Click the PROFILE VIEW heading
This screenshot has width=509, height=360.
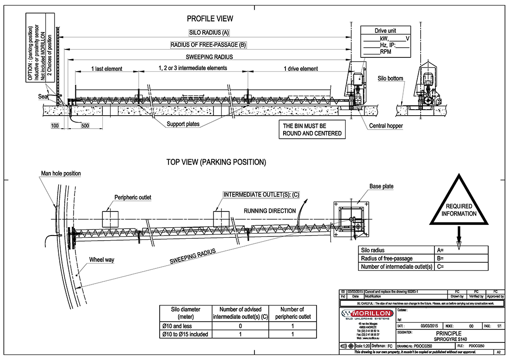click(210, 19)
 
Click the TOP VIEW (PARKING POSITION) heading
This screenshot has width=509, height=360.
click(216, 162)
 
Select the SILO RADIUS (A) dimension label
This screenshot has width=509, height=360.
click(209, 33)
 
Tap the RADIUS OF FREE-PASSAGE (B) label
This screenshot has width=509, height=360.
click(208, 45)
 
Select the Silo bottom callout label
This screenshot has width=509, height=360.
click(390, 79)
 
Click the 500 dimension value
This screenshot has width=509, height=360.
click(85, 126)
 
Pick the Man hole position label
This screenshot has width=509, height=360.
click(60, 174)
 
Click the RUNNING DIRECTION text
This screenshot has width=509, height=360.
click(270, 211)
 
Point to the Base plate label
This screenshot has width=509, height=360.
click(381, 186)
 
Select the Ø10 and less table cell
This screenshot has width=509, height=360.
click(185, 326)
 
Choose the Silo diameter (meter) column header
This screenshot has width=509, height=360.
click(185, 313)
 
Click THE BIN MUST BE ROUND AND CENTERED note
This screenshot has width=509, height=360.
click(312, 130)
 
